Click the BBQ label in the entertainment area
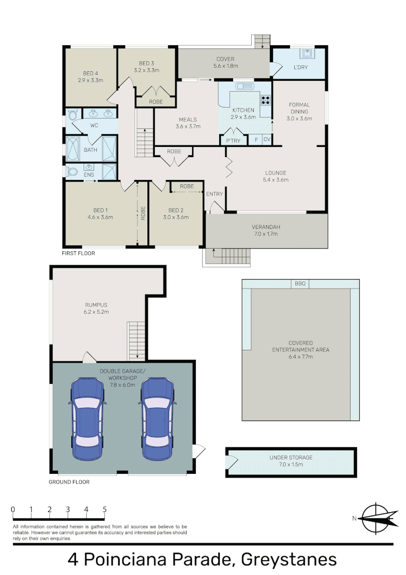(x=300, y=284)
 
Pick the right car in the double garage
(x=158, y=419)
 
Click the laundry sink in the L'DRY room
(x=307, y=54)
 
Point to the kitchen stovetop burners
(x=265, y=100)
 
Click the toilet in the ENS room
(x=72, y=172)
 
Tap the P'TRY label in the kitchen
(x=233, y=141)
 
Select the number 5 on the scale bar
(x=104, y=510)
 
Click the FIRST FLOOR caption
(x=78, y=253)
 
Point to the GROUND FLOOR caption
(x=69, y=482)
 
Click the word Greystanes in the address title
(x=289, y=560)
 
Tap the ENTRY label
(x=214, y=194)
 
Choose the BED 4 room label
(x=90, y=73)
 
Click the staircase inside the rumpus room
(x=135, y=341)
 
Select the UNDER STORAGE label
(x=291, y=457)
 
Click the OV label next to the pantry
(x=267, y=141)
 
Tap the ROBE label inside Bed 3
(x=156, y=101)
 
